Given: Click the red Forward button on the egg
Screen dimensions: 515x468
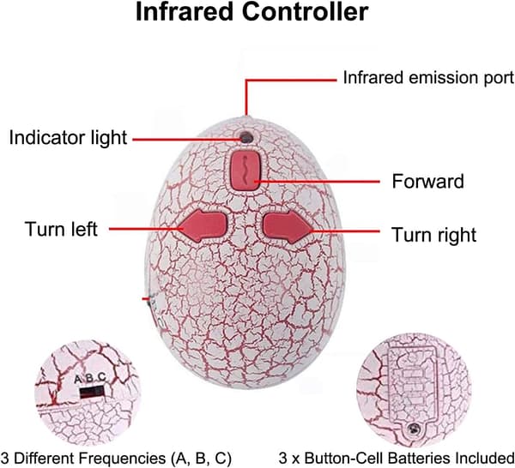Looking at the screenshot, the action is click(x=245, y=171).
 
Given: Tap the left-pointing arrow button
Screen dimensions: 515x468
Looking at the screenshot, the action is click(x=203, y=226).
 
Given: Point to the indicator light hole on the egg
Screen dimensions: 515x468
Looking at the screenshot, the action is click(x=246, y=137).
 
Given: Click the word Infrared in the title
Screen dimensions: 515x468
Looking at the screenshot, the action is click(x=184, y=12).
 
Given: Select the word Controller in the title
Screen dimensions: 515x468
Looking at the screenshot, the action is click(x=305, y=12).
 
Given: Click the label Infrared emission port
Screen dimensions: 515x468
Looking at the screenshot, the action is click(x=428, y=78).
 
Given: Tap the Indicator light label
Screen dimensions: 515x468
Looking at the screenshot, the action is click(x=68, y=137).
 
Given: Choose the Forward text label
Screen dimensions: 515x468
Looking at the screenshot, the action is click(x=427, y=181).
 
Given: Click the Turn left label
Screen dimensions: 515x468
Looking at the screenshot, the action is click(x=61, y=229).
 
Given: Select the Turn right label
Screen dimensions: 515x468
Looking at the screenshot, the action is click(x=433, y=235).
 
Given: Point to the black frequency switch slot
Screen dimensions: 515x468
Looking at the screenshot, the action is click(x=92, y=392).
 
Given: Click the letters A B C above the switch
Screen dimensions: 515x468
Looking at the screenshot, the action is click(x=90, y=378).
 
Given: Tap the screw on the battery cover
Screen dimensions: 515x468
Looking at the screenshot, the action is click(x=414, y=428).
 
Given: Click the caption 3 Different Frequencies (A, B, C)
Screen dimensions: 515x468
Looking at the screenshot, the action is click(x=116, y=458).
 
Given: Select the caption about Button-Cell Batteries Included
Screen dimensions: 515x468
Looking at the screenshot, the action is click(x=397, y=458).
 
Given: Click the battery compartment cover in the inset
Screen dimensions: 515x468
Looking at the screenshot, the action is click(x=413, y=390).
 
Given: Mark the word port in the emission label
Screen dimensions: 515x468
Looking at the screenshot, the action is click(x=500, y=79).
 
